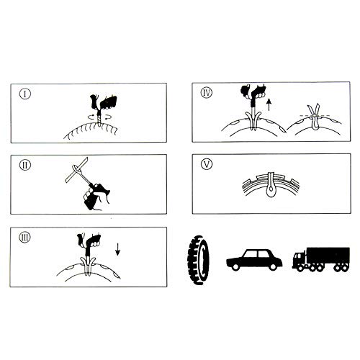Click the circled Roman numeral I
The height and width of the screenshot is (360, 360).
(25, 94)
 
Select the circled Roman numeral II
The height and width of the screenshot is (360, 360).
(25, 166)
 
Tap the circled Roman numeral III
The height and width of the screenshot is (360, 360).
(24, 238)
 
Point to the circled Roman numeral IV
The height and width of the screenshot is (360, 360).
(207, 93)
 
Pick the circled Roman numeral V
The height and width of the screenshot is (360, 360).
(207, 164)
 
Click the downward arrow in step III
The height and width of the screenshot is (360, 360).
(117, 249)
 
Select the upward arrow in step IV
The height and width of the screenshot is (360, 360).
(269, 105)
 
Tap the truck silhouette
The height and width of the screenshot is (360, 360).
(321, 260)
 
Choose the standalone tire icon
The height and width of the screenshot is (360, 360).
(199, 260)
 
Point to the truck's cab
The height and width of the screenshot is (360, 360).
(299, 258)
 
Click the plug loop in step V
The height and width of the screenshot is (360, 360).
(271, 189)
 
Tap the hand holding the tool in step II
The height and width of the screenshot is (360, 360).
(96, 197)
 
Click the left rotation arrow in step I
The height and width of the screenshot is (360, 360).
(92, 117)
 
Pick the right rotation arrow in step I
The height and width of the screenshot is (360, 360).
(107, 117)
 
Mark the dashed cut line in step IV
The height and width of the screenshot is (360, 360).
(315, 116)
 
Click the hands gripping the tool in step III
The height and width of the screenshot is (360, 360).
(89, 240)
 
